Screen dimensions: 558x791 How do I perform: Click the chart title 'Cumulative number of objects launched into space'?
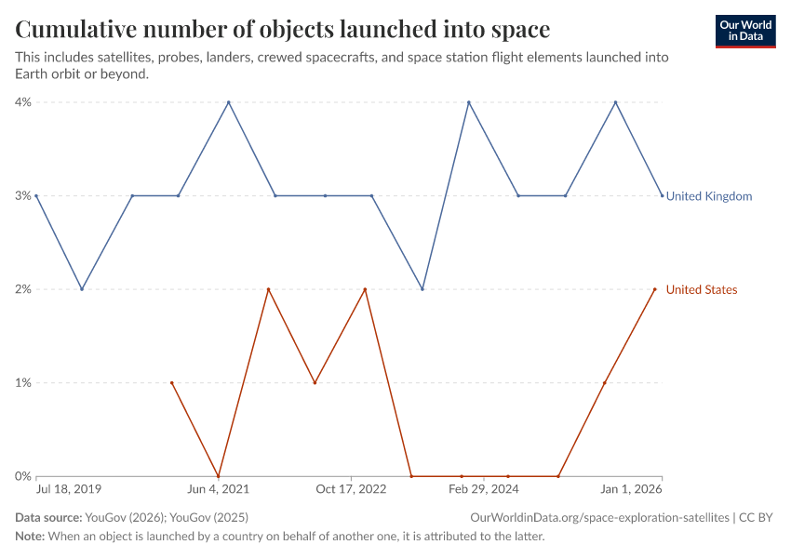(x=282, y=30)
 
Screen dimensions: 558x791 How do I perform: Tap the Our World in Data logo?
(x=744, y=31)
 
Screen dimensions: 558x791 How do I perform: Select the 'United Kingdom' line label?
(x=709, y=196)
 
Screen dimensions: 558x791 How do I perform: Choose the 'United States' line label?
(x=702, y=290)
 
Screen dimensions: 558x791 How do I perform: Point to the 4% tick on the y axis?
(x=22, y=102)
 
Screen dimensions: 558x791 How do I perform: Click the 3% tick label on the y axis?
(x=22, y=196)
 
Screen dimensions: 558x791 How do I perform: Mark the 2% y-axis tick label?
(x=22, y=289)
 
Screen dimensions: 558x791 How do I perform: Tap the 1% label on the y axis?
(x=22, y=383)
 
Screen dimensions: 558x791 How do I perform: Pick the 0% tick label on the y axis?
(x=22, y=476)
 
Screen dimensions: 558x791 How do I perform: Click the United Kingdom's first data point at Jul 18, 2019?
(x=35, y=195)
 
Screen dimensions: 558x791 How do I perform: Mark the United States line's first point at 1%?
(x=172, y=382)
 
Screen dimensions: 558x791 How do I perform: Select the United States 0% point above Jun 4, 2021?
(x=218, y=476)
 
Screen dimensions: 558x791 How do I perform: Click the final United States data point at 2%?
(x=655, y=289)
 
